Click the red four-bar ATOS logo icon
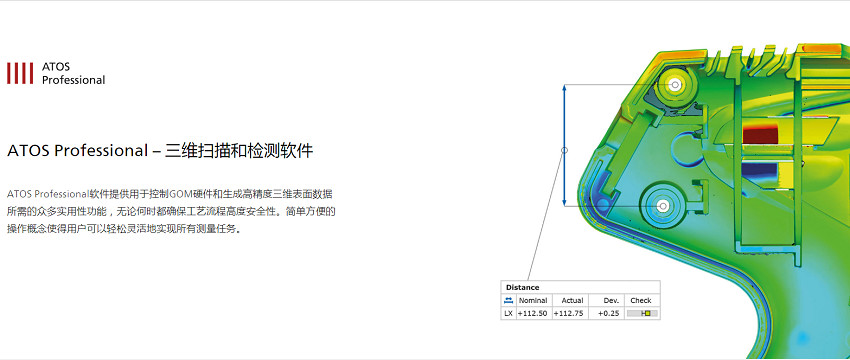click(20, 73)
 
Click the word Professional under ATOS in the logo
click(73, 80)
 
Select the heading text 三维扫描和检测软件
click(239, 150)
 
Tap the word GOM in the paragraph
click(179, 194)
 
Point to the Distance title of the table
click(522, 287)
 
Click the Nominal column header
click(533, 300)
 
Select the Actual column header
click(572, 300)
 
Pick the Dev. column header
click(611, 300)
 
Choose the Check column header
click(641, 300)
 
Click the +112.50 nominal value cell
click(532, 313)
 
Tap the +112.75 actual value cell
click(569, 313)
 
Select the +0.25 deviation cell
click(609, 313)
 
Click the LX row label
click(508, 313)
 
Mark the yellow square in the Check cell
click(647, 313)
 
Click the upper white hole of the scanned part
click(675, 85)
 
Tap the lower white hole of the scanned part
click(662, 206)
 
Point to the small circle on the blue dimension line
click(564, 150)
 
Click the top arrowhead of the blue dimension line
click(564, 87)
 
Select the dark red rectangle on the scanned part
click(760, 133)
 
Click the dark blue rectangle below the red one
click(760, 171)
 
